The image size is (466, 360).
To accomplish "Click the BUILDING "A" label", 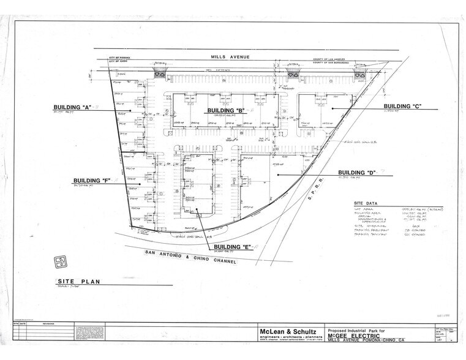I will coord(72,108).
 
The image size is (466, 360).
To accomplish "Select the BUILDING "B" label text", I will coord(226,110).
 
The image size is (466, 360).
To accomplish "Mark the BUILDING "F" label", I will coord(92,181).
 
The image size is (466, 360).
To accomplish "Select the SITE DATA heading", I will coord(366,203).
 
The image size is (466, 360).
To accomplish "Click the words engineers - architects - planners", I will coord(287,338).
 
